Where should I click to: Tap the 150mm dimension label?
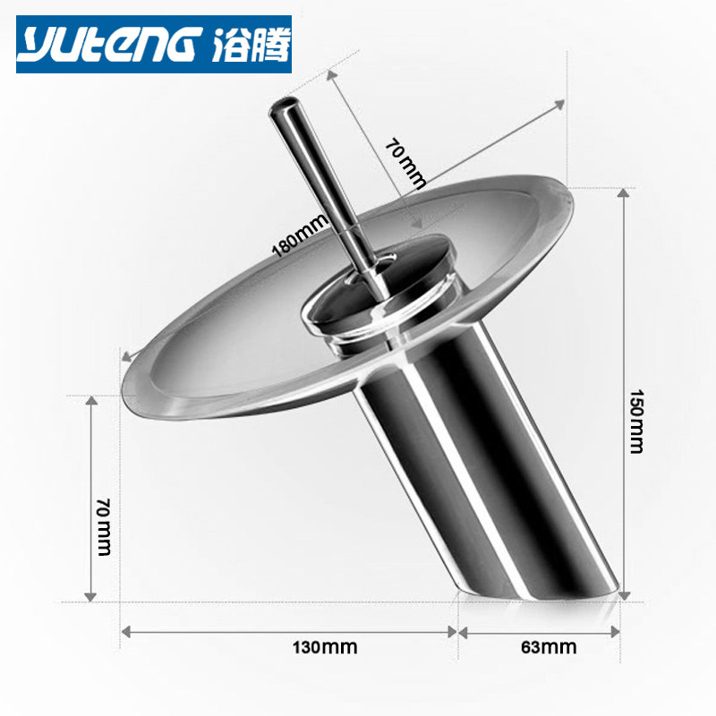click(x=636, y=421)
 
